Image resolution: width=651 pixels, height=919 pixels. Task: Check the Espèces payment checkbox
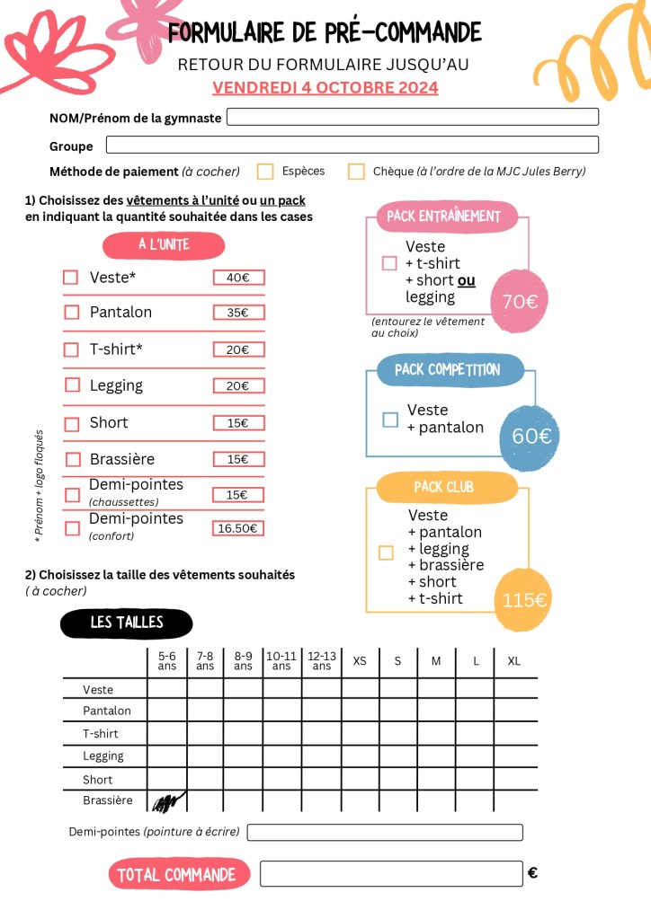[265, 172]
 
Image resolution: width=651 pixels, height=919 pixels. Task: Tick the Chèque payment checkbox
[356, 172]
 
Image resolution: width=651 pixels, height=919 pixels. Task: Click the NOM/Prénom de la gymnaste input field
[413, 117]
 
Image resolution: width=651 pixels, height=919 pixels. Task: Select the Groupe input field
[352, 145]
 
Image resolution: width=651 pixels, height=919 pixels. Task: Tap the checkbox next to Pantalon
[71, 313]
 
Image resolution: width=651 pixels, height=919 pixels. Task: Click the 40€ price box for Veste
[238, 278]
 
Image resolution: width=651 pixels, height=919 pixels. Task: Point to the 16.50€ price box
[238, 528]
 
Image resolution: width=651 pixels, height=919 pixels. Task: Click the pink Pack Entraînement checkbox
[389, 263]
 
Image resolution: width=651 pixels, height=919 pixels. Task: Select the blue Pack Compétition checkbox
[390, 420]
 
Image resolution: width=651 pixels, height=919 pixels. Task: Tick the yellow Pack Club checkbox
[386, 552]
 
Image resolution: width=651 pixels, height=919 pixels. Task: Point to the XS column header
[360, 661]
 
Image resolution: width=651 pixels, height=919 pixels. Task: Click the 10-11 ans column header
[281, 661]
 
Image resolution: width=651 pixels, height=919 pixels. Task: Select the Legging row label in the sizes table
[103, 756]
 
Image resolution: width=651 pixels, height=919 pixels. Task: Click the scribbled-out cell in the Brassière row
[167, 800]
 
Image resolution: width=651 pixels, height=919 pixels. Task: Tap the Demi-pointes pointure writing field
[385, 833]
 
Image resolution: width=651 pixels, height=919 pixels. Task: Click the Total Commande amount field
[391, 873]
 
